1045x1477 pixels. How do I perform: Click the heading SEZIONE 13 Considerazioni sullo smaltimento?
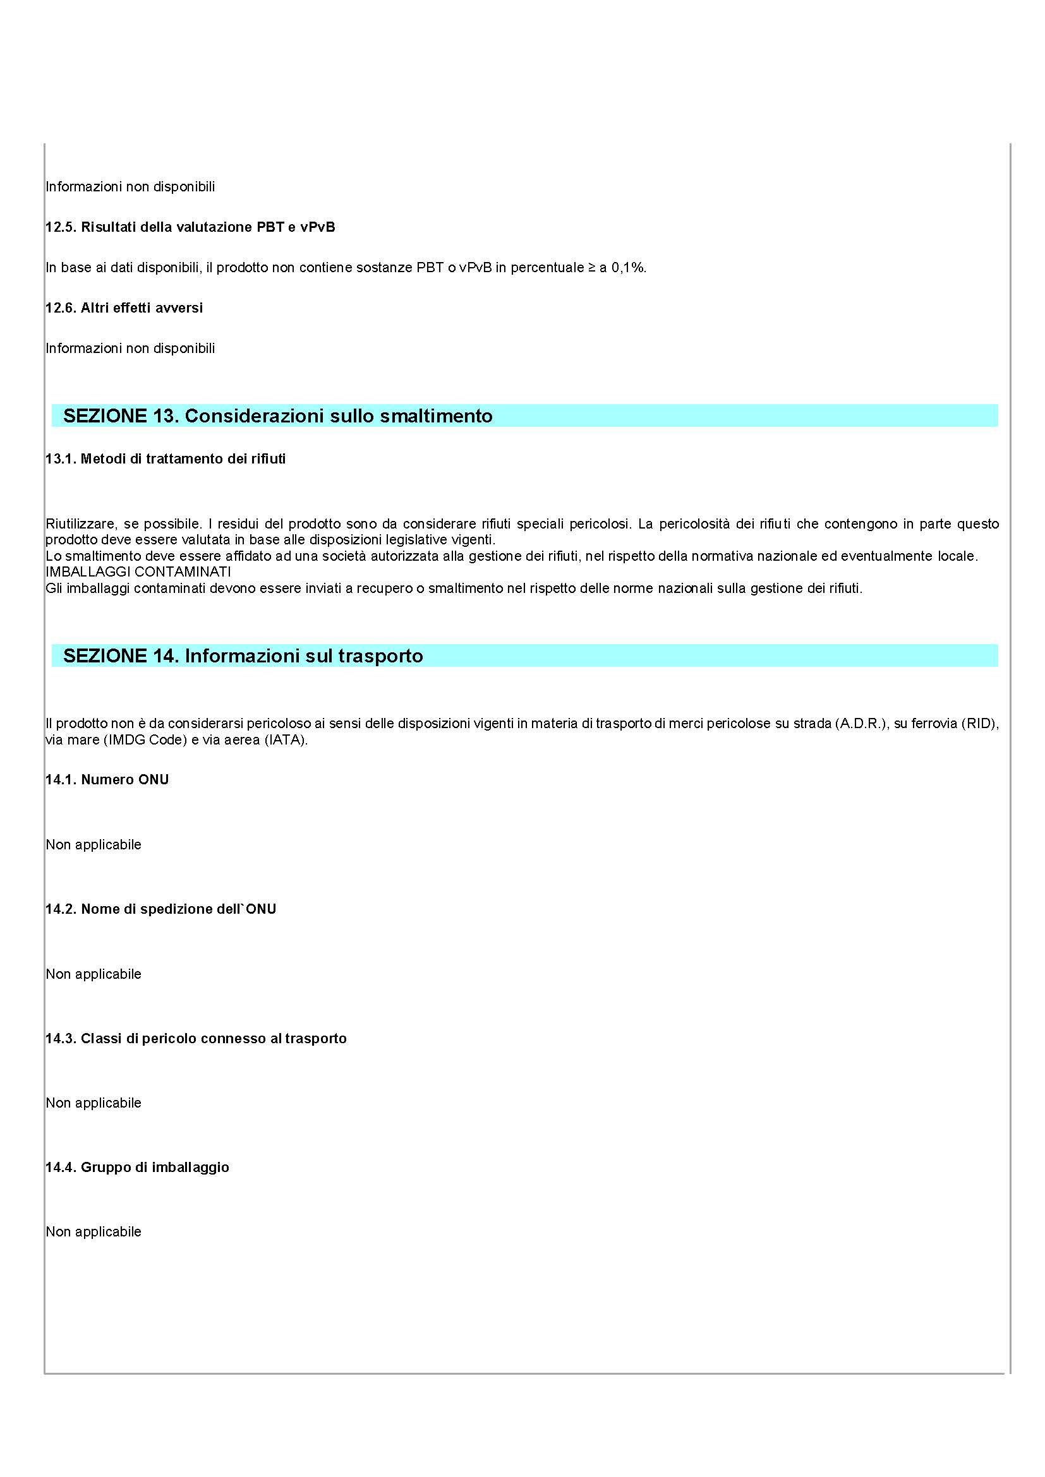click(277, 416)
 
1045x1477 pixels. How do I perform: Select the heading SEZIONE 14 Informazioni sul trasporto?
click(243, 656)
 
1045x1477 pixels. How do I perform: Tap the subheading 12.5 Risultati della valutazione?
click(190, 227)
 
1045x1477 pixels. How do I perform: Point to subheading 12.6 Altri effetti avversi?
click(124, 308)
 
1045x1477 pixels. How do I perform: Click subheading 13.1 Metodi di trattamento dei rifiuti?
click(166, 459)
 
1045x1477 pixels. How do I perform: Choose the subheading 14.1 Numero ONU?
click(107, 780)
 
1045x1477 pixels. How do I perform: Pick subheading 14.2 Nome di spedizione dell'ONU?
click(160, 909)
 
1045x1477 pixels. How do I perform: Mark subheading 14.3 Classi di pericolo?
click(196, 1038)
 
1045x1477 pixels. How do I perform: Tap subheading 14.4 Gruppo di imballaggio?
click(137, 1167)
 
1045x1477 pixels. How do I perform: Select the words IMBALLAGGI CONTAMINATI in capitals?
click(138, 572)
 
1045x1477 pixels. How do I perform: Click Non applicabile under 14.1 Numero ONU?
click(94, 845)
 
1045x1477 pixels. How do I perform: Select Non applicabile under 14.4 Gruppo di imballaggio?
click(94, 1231)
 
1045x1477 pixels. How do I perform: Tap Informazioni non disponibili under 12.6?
click(130, 349)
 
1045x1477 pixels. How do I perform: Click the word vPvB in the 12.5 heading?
click(317, 227)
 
